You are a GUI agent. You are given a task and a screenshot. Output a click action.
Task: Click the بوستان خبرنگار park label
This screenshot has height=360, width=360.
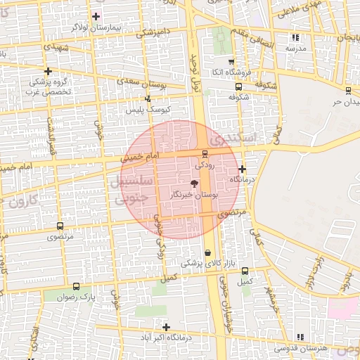(195, 194)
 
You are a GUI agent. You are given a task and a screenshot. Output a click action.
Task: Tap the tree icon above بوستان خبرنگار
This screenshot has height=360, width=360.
(194, 182)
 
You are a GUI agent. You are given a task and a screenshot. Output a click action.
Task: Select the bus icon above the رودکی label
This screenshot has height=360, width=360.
(205, 153)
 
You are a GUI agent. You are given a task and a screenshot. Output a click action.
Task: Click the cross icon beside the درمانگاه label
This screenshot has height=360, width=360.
(242, 169)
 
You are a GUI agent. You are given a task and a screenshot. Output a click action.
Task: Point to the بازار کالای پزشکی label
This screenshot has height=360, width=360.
(202, 264)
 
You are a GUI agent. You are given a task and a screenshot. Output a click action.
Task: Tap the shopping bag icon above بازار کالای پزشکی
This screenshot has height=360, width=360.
(207, 252)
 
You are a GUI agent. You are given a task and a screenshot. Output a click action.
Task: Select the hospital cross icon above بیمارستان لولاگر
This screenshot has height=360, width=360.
(96, 16)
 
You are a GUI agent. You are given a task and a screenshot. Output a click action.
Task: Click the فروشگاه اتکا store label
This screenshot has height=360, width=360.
(229, 72)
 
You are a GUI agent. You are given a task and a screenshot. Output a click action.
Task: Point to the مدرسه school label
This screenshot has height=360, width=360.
(295, 49)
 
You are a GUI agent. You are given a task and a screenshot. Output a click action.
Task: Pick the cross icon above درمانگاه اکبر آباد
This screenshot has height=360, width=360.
(166, 327)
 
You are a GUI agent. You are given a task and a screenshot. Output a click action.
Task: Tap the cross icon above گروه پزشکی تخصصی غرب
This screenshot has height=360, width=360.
(48, 71)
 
